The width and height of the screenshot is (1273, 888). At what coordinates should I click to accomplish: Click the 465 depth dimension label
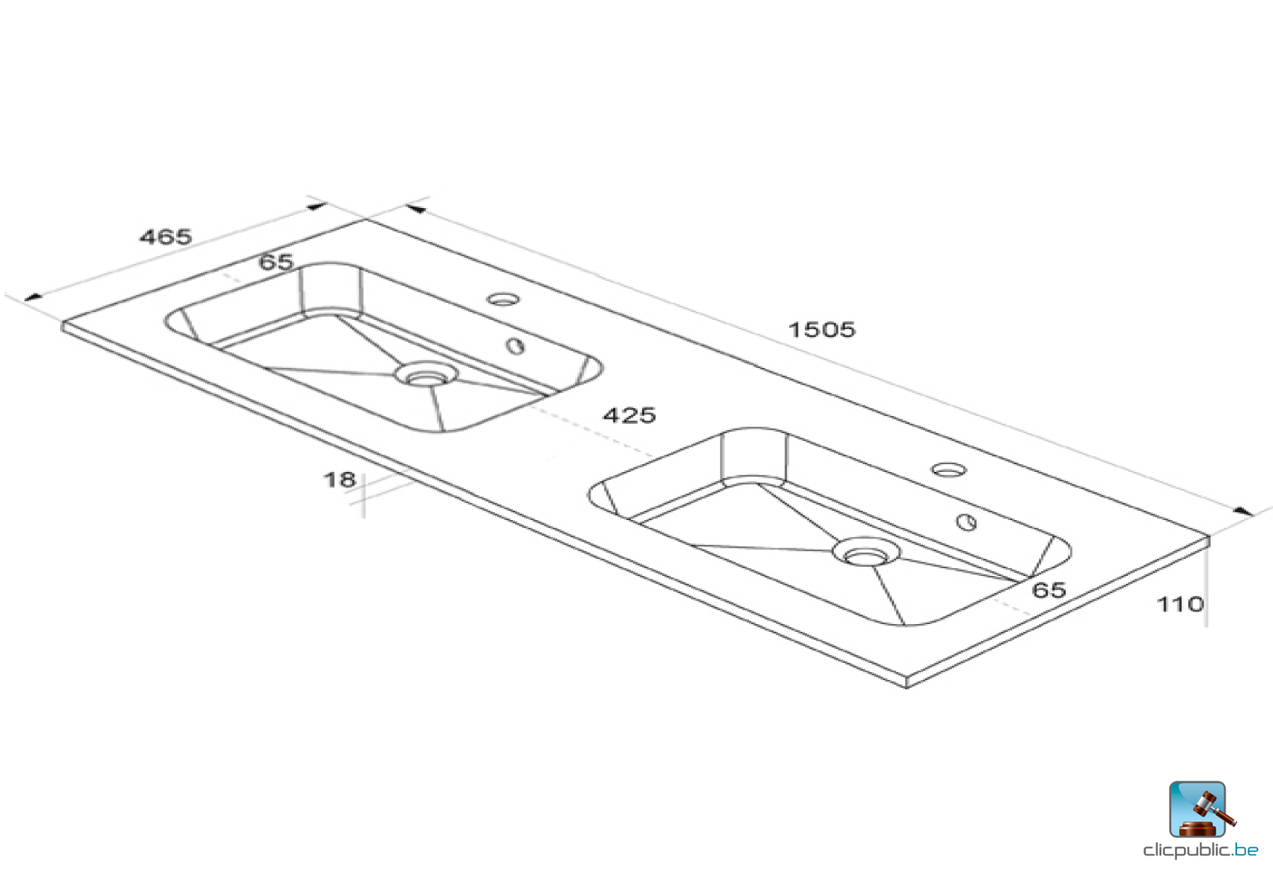165,236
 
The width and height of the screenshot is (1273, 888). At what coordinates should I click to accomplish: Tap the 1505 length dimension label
822,330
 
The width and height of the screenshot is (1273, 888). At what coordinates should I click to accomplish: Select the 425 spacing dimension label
629,415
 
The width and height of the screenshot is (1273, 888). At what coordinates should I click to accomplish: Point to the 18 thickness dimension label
339,480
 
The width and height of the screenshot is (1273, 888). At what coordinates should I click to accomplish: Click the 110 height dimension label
1180,604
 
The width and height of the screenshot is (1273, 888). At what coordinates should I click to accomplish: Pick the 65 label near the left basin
276,263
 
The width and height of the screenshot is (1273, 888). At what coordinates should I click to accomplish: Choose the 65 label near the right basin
1049,590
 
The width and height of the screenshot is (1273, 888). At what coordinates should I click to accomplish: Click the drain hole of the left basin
425,376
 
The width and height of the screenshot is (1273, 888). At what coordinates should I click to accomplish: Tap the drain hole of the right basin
865,553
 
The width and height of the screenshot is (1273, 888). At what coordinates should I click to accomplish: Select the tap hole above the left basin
503,299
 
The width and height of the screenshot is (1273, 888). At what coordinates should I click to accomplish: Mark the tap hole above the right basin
948,470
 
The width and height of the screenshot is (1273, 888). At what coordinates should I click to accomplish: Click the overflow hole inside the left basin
516,346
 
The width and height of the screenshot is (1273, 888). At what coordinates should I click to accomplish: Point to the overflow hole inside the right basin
966,522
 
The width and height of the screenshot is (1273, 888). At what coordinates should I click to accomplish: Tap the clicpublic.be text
1200,850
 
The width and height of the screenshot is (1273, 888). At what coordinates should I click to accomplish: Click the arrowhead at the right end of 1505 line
1243,511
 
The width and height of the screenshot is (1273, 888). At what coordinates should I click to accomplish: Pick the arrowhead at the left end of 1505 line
416,209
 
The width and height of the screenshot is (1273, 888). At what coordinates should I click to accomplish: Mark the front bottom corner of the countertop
907,684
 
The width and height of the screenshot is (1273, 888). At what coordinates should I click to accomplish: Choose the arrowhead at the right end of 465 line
317,207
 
